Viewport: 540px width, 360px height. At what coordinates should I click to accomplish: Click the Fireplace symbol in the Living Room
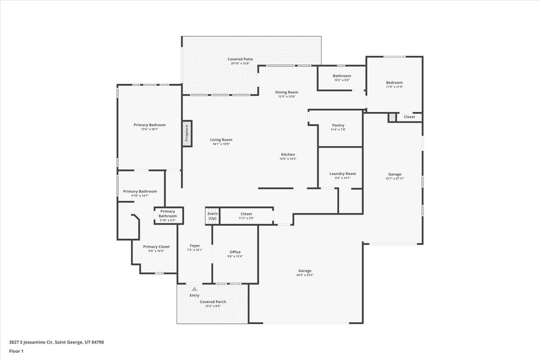click(x=187, y=133)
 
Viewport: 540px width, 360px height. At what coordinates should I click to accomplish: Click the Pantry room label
click(x=338, y=125)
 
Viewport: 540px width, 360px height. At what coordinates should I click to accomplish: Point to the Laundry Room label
click(x=342, y=174)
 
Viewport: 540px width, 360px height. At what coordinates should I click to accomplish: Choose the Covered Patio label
click(x=240, y=59)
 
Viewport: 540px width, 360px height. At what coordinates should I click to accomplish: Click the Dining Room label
click(x=287, y=92)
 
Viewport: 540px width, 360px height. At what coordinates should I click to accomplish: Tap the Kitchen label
click(x=288, y=154)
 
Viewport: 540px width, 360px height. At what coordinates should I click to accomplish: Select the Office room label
click(x=235, y=252)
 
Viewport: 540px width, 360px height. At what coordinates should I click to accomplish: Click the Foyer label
click(x=195, y=246)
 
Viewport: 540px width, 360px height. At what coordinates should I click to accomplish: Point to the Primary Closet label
click(x=156, y=247)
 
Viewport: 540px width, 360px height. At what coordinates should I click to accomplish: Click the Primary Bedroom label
click(x=149, y=125)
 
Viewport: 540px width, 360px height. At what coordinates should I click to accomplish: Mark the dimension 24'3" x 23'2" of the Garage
click(x=305, y=275)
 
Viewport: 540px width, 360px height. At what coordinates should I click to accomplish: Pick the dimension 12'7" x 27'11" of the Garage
click(x=395, y=179)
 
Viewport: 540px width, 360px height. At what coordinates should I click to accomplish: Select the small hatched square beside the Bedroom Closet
click(x=392, y=117)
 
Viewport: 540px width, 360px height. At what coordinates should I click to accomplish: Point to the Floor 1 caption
click(x=16, y=351)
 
